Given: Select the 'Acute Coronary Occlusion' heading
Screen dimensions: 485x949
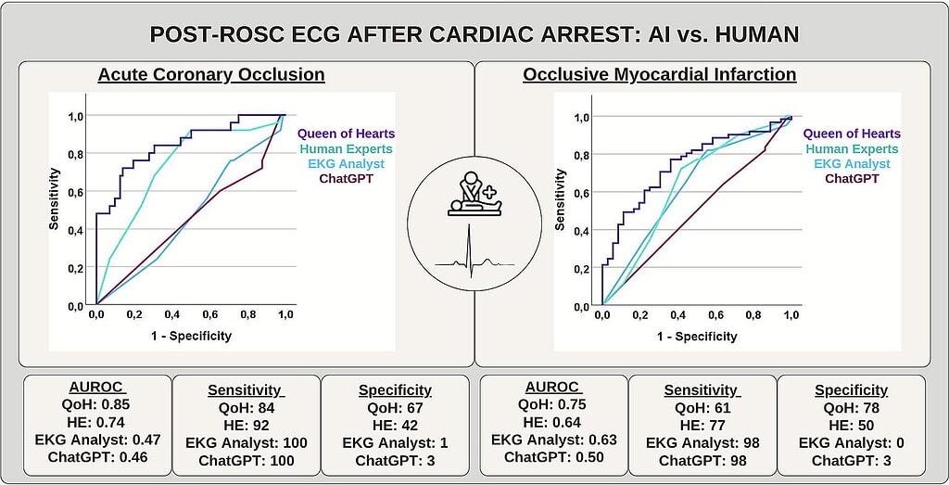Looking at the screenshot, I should tap(211, 74).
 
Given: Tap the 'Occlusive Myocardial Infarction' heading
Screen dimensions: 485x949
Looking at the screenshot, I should tap(659, 74).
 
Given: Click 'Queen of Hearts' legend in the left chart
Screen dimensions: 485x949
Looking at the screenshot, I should tap(346, 134).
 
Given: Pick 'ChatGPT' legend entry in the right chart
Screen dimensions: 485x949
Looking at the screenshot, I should tap(852, 179).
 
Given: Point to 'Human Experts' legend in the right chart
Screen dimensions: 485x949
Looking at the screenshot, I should tap(852, 149).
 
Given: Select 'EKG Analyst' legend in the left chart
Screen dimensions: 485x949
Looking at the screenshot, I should tap(346, 163).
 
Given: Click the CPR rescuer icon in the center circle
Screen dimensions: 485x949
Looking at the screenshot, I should tap(474, 193).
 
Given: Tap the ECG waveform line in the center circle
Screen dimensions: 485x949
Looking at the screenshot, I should tap(474, 258).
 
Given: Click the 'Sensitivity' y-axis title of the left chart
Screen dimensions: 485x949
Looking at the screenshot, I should tap(55, 198).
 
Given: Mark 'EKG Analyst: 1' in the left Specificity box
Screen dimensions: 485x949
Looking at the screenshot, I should tap(395, 442).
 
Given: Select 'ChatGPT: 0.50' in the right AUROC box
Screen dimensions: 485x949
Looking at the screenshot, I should tap(553, 457).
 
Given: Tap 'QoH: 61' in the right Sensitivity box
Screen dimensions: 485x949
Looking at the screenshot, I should tap(702, 407).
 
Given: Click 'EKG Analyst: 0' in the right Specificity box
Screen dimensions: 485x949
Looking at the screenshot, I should tap(851, 442).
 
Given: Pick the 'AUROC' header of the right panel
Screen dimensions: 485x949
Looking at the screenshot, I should tap(553, 388).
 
